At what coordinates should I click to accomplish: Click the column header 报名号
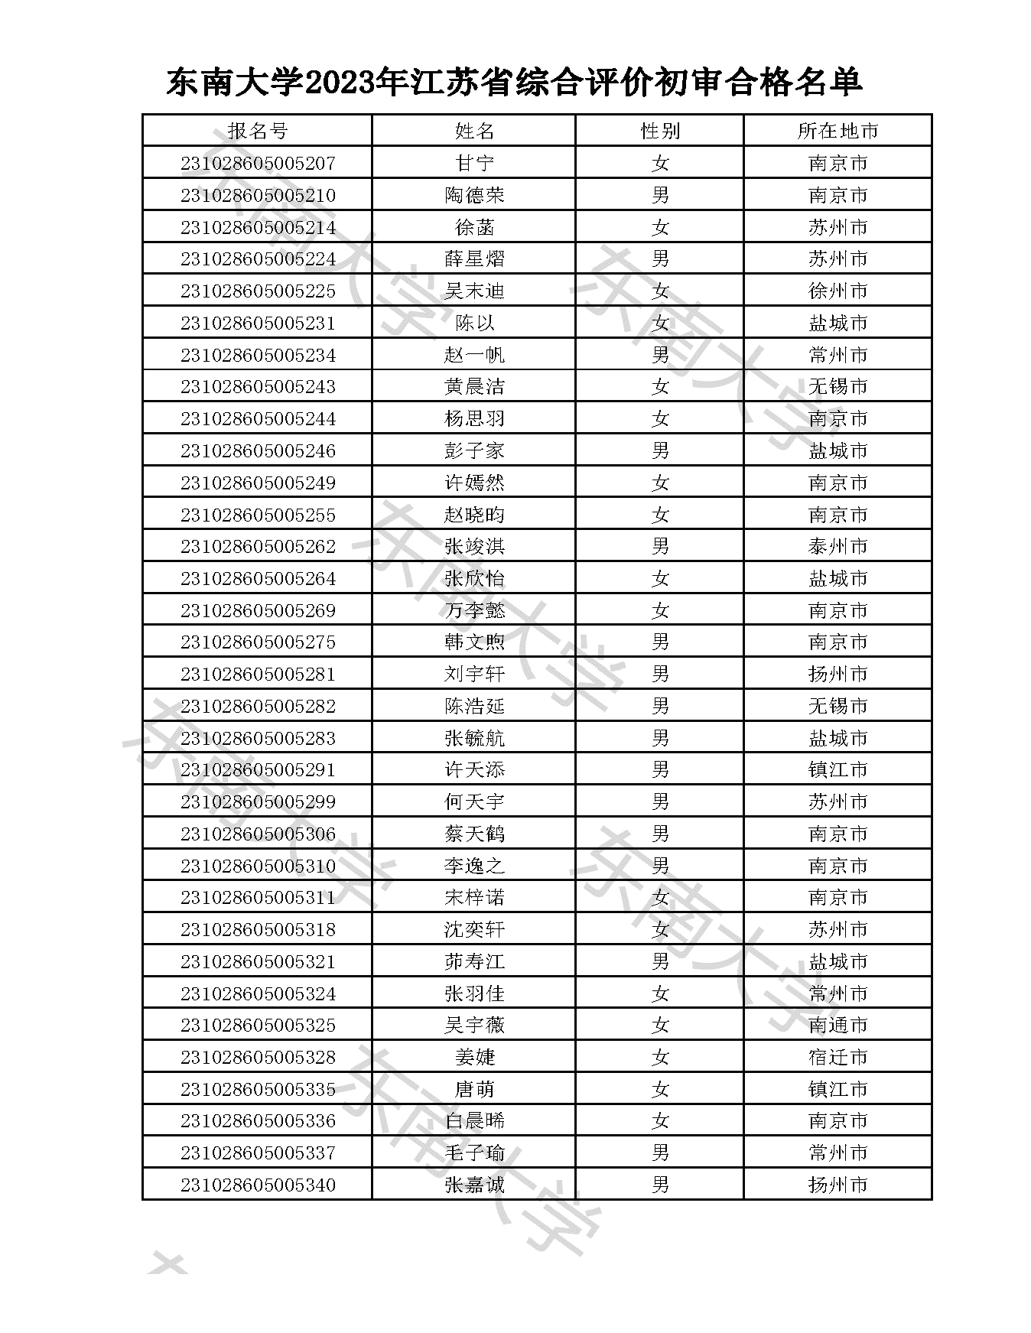[x=257, y=131]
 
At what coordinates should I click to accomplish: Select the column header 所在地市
[x=837, y=131]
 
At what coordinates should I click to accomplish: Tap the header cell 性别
[x=659, y=131]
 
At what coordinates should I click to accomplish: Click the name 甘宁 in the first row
[x=474, y=163]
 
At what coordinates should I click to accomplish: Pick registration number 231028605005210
[x=258, y=195]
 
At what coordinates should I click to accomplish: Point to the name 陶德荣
[x=474, y=195]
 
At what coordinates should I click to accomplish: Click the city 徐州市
[x=837, y=291]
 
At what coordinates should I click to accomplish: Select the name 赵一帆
[x=474, y=355]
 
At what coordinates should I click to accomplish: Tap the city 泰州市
[x=837, y=547]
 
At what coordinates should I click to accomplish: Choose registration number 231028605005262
[x=258, y=547]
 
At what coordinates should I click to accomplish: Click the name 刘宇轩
[x=474, y=675]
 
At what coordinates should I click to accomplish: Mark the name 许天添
[x=474, y=770]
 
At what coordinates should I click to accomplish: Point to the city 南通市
[x=837, y=1026]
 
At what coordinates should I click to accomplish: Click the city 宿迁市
[x=837, y=1058]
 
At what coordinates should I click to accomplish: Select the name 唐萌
[x=474, y=1089]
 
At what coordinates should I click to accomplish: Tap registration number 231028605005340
[x=258, y=1185]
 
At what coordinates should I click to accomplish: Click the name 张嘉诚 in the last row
[x=474, y=1185]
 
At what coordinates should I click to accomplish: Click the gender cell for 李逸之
[x=659, y=866]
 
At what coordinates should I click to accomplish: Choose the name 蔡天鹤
[x=474, y=834]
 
